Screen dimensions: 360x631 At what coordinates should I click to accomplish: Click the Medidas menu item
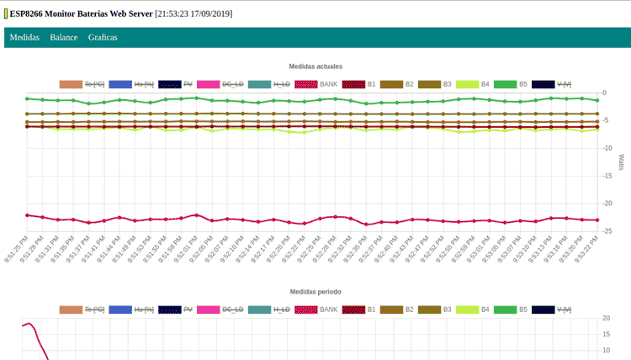coord(24,38)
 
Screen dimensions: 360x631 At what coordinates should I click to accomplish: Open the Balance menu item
coord(64,38)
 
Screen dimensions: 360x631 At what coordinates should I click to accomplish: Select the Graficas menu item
coord(103,38)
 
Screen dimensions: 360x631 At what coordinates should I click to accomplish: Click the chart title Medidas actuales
coord(315,66)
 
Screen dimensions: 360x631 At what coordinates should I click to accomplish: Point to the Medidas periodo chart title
coord(315,291)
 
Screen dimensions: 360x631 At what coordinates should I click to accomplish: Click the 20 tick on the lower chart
coord(607,319)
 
